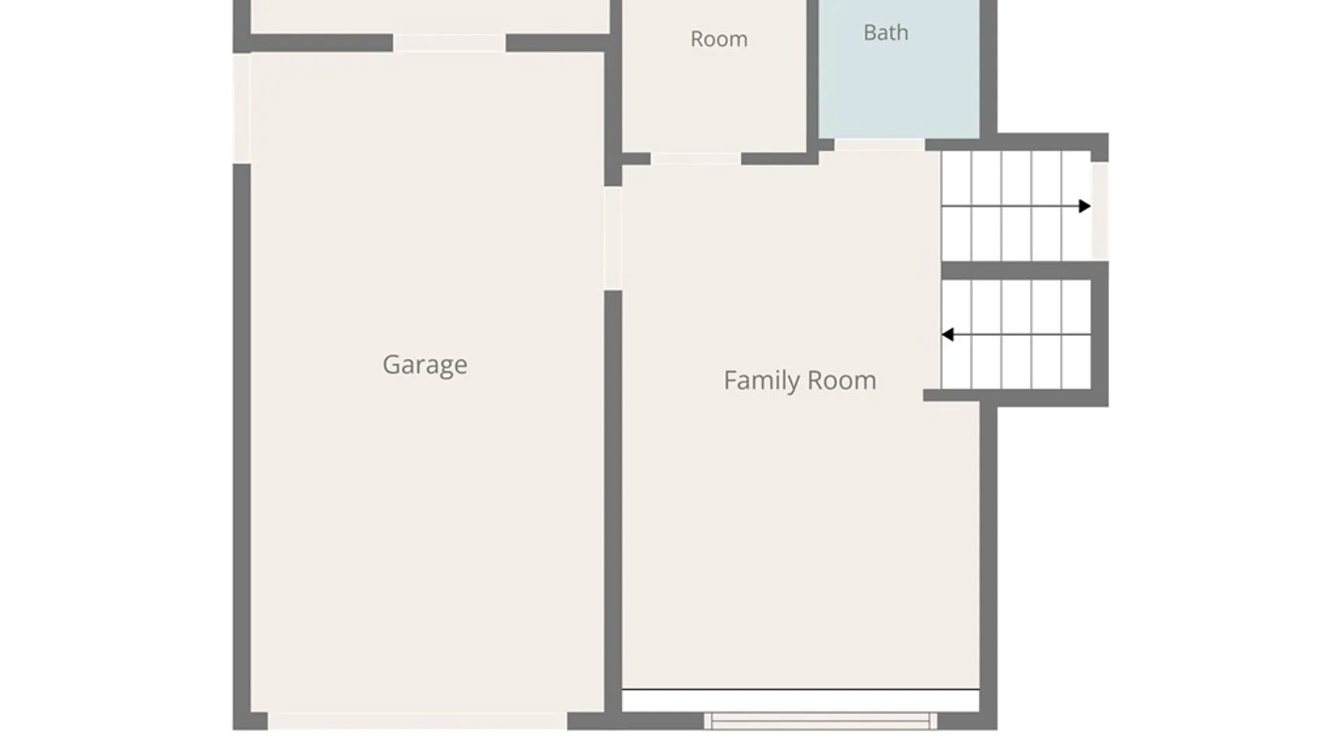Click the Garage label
click(425, 364)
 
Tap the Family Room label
click(800, 380)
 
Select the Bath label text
click(886, 32)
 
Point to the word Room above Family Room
click(719, 38)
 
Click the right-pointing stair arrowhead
click(1085, 206)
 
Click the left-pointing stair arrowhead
click(947, 334)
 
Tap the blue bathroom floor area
click(899, 69)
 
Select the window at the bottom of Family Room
click(820, 720)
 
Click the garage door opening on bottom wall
click(417, 721)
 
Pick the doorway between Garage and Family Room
click(613, 238)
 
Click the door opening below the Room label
click(696, 159)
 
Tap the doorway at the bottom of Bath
click(880, 145)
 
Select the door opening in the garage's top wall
click(449, 43)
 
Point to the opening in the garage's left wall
click(241, 108)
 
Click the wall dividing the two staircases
click(1025, 271)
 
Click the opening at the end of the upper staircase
click(1100, 211)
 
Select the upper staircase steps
click(1016, 206)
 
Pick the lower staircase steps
click(1016, 334)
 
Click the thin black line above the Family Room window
click(801, 690)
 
